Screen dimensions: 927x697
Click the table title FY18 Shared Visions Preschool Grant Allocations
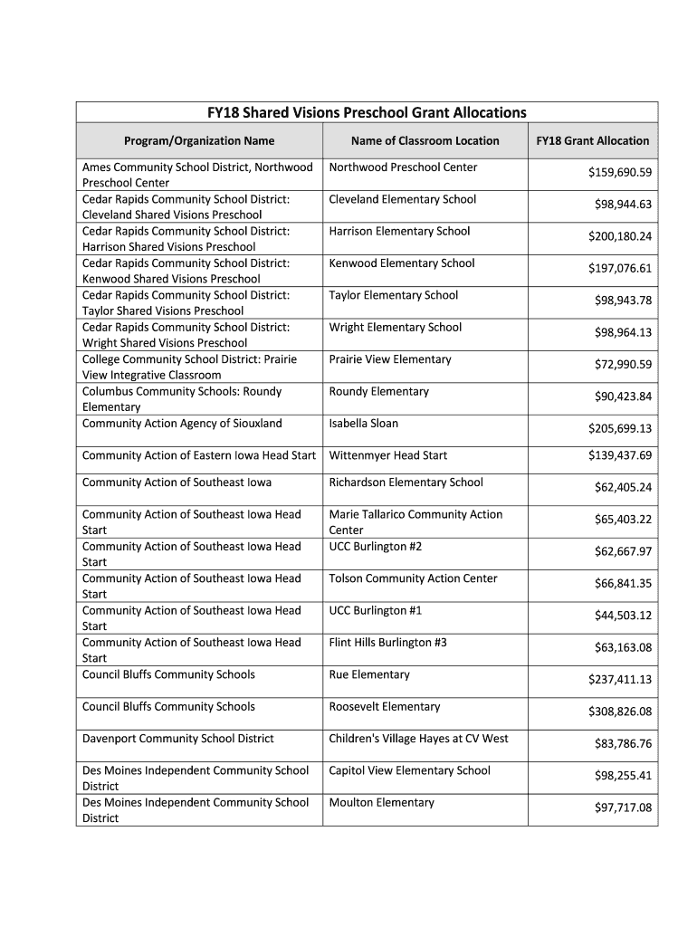(x=367, y=112)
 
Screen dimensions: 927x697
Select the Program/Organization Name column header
(x=198, y=140)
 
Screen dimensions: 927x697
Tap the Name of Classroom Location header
(x=425, y=140)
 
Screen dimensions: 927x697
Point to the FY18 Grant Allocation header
(x=592, y=140)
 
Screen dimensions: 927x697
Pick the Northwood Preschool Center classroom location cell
(x=403, y=167)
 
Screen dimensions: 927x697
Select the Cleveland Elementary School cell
(x=402, y=199)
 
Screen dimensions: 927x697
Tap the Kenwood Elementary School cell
(x=401, y=263)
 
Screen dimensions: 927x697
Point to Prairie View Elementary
(x=389, y=359)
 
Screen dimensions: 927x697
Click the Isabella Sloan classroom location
(x=363, y=424)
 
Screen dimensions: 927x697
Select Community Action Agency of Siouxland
(x=182, y=424)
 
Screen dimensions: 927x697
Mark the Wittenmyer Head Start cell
(x=387, y=455)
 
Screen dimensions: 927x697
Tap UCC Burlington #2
(x=375, y=547)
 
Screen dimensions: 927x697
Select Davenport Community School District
(x=177, y=739)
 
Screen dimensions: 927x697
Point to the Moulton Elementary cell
(x=381, y=803)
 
